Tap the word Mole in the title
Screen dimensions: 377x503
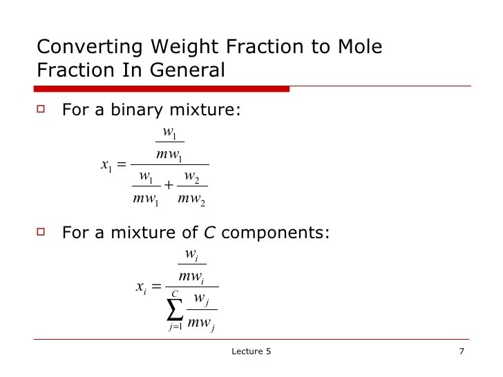(354, 47)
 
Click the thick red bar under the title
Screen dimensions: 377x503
(162, 88)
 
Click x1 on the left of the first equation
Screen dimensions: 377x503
(106, 165)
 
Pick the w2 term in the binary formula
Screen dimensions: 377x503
(192, 177)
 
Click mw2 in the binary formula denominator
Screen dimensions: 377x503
(191, 201)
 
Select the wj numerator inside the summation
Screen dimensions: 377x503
(202, 299)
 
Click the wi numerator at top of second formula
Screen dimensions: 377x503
(191, 255)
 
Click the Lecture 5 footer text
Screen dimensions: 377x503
(251, 352)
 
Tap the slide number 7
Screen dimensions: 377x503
(461, 352)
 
